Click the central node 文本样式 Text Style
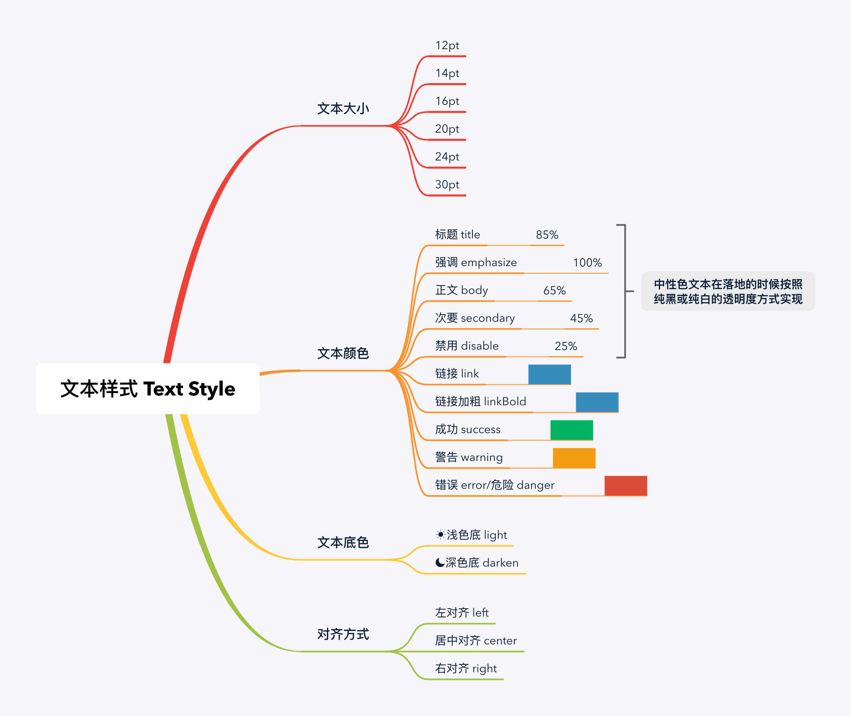coord(148,388)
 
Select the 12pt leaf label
coord(447,45)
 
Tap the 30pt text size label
coord(447,185)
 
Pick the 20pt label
coord(447,129)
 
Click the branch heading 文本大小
coord(343,109)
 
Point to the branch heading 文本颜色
coord(343,353)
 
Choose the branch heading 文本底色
coord(343,542)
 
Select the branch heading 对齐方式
coord(343,634)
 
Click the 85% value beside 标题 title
coord(547,235)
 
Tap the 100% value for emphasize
coord(587,263)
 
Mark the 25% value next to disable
coord(566,346)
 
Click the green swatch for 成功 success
coord(572,430)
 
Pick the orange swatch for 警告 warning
coord(574,458)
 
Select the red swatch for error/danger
coord(626,486)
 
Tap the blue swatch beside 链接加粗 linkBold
coord(597,402)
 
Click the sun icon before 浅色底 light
coord(440,535)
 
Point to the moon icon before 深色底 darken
coord(440,562)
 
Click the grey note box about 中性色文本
coord(728,291)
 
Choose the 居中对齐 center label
coord(476,641)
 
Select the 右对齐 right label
coord(466,669)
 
